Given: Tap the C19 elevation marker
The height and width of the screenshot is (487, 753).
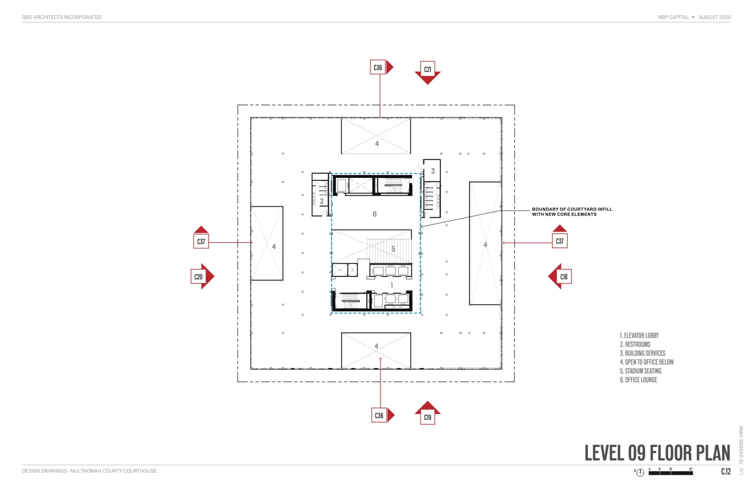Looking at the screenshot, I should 427,414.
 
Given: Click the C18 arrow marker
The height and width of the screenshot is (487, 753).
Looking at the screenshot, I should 561,276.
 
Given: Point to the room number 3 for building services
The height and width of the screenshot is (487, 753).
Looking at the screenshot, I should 433,171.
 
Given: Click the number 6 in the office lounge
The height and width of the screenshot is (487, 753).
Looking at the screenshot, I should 374,214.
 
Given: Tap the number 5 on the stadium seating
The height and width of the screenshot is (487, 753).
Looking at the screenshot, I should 393,249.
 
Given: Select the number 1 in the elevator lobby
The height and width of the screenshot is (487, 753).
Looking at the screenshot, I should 392,285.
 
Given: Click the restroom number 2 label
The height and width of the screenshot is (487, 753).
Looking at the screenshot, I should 321,201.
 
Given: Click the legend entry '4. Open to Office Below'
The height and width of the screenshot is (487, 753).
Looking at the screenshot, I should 646,362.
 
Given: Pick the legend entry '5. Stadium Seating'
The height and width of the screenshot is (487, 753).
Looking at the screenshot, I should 640,371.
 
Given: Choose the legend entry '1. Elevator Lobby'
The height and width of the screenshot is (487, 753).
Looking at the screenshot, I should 639,336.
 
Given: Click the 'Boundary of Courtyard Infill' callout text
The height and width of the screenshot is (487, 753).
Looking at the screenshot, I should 571,212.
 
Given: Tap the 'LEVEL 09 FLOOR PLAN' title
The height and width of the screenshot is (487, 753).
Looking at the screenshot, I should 657,453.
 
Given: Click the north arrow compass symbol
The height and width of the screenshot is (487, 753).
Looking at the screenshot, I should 640,473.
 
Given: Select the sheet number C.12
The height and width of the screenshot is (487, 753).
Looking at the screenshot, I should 725,472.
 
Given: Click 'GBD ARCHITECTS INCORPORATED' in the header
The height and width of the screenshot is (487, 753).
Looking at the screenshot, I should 61,17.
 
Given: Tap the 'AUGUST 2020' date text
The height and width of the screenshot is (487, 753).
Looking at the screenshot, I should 714,17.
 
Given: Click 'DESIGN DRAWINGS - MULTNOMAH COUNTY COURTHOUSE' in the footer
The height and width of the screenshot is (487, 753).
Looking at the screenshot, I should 89,471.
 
